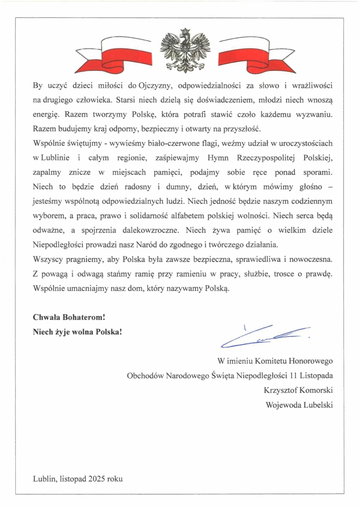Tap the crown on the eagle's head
click(x=186, y=32)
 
